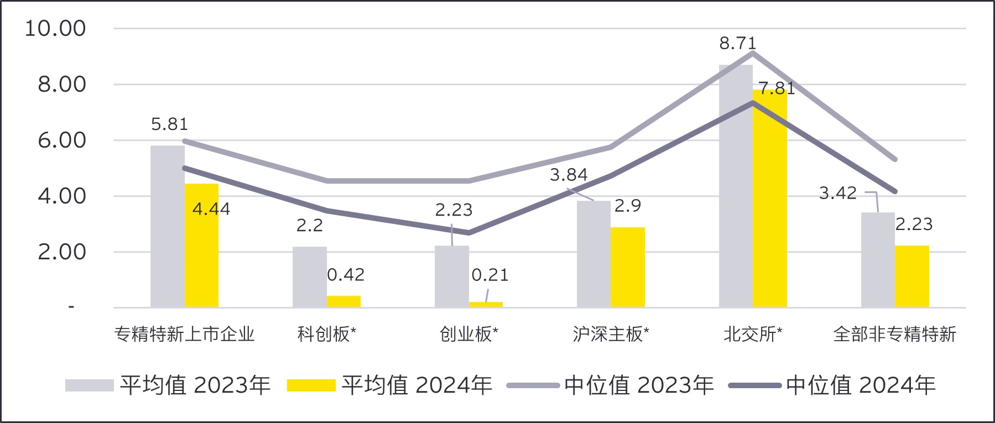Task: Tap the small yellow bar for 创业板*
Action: [486, 305]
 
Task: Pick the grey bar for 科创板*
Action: [309, 276]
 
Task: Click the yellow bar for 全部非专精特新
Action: [912, 276]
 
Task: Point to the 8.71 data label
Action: [737, 43]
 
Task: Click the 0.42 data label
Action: [346, 275]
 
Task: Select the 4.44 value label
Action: [211, 209]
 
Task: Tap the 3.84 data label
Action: [569, 175]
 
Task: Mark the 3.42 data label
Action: [837, 193]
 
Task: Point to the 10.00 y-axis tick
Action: [55, 28]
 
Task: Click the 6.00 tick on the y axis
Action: [62, 140]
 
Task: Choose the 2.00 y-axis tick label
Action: [62, 252]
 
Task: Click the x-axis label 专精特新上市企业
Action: [184, 334]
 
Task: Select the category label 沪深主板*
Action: [611, 334]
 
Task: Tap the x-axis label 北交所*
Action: [753, 334]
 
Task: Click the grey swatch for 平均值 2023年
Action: [89, 385]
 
